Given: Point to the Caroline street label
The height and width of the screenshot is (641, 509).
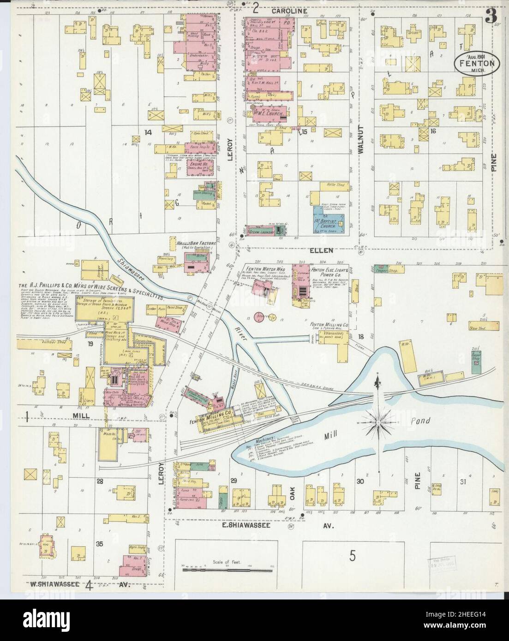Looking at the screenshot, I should (x=289, y=10).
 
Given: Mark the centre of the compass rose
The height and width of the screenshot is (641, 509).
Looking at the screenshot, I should (x=377, y=420).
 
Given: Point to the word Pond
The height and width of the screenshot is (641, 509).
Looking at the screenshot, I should (x=419, y=421).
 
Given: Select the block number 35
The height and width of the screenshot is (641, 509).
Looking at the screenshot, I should (x=99, y=544).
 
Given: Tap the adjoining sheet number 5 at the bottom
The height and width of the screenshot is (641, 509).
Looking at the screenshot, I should (x=353, y=556).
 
